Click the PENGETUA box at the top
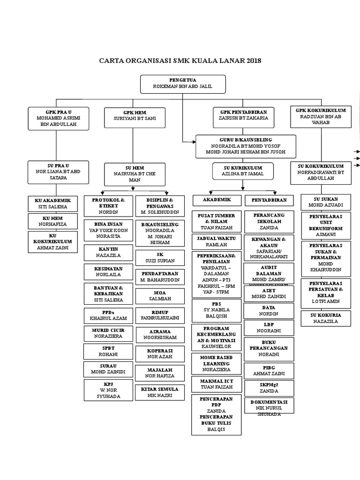183,84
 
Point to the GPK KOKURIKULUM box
320,116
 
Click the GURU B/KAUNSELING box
246,146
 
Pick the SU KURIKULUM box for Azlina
242,171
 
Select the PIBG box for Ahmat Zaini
269,370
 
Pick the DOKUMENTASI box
269,405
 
